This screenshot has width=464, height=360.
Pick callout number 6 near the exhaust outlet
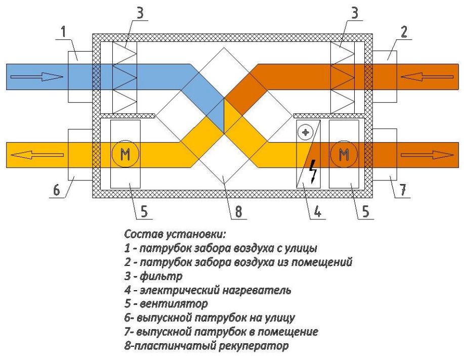(x=57, y=191)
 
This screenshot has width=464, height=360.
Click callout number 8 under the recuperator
(x=238, y=212)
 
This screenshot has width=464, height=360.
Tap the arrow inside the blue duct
(x=37, y=77)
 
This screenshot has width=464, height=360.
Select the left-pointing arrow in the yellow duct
(x=36, y=155)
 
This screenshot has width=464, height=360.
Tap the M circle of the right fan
(x=344, y=155)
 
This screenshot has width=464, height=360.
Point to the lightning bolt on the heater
(x=314, y=172)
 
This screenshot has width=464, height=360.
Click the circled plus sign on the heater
(x=305, y=133)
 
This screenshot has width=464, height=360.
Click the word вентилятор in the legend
(x=169, y=305)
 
